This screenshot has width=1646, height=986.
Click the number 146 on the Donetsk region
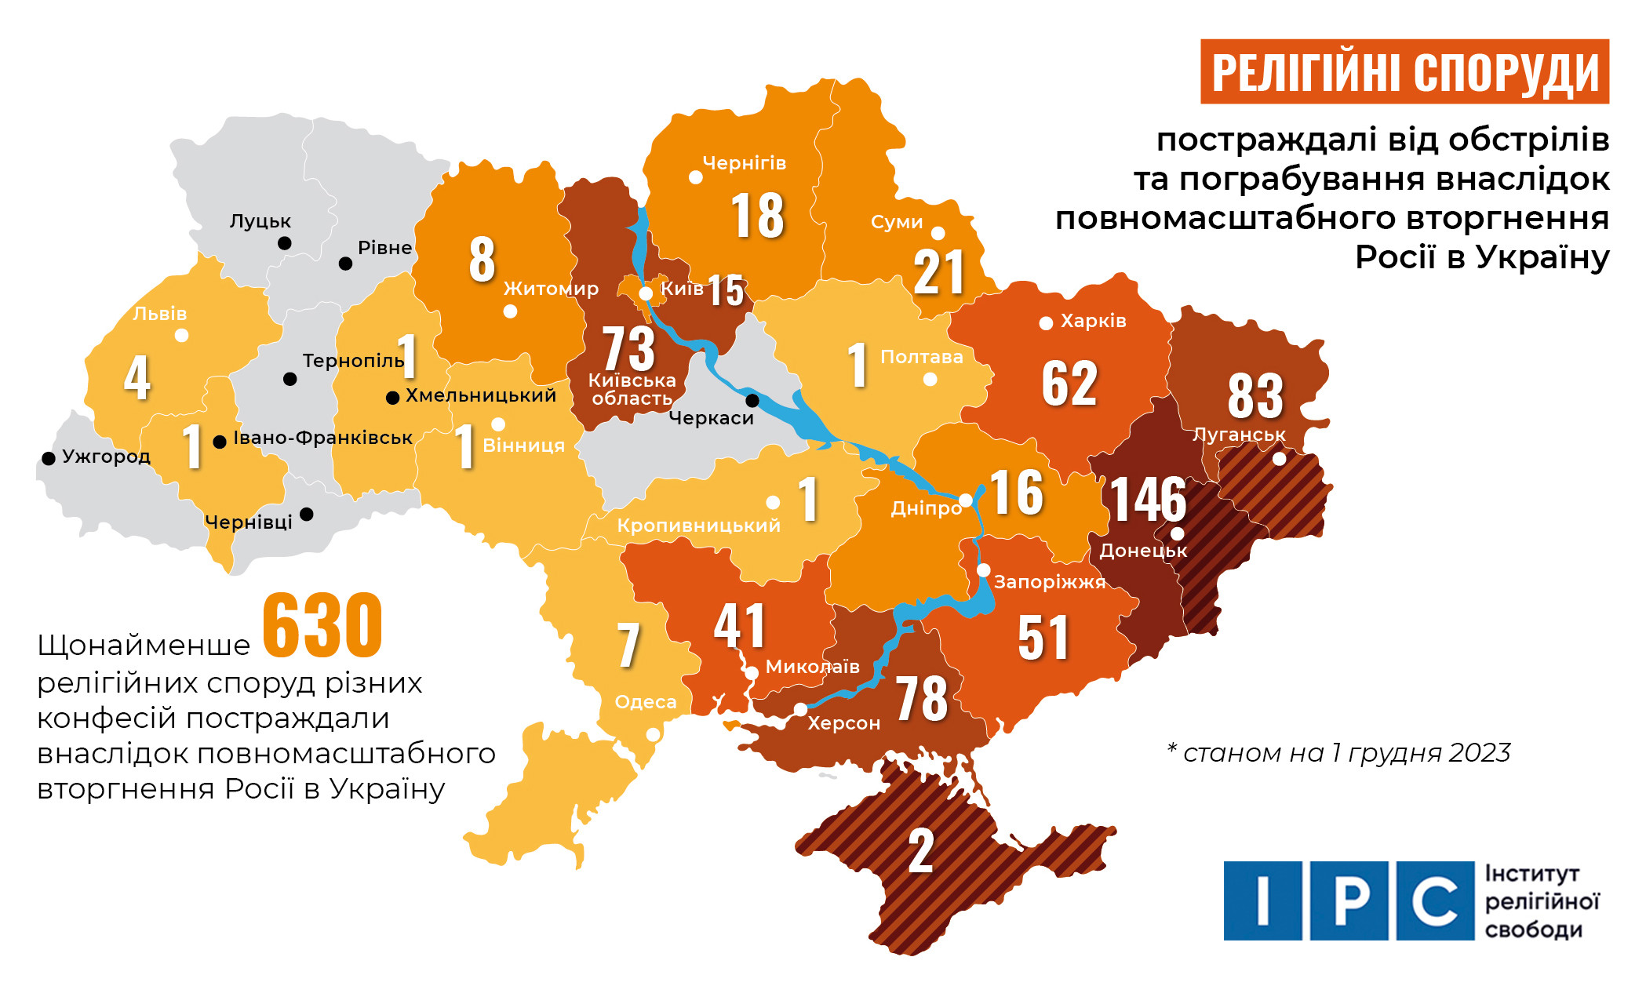pyautogui.click(x=1148, y=499)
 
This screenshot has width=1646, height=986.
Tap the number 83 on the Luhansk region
pyautogui.click(x=1255, y=396)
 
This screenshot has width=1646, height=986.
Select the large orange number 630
pyautogui.click(x=322, y=625)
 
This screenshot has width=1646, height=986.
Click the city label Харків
pyautogui.click(x=1093, y=321)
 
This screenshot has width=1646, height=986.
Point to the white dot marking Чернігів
pyautogui.click(x=695, y=177)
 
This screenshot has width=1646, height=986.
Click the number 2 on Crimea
pyautogui.click(x=920, y=850)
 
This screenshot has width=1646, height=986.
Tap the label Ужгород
pyautogui.click(x=106, y=457)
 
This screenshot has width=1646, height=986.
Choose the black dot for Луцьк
pyautogui.click(x=285, y=243)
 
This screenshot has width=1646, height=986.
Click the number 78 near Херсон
pyautogui.click(x=921, y=698)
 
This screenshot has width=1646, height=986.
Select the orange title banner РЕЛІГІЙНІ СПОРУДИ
pyautogui.click(x=1404, y=72)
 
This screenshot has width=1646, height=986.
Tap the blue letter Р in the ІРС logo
pyautogui.click(x=1349, y=900)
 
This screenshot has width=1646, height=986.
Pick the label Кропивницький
pyautogui.click(x=698, y=526)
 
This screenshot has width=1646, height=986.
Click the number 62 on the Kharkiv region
pyautogui.click(x=1069, y=384)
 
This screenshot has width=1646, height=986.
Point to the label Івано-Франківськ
pyautogui.click(x=322, y=438)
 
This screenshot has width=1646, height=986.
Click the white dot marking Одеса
pyautogui.click(x=653, y=735)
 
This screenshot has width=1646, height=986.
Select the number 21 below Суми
pyautogui.click(x=938, y=272)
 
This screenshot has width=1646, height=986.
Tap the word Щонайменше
pyautogui.click(x=144, y=646)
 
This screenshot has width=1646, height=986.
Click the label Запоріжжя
pyautogui.click(x=1049, y=582)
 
